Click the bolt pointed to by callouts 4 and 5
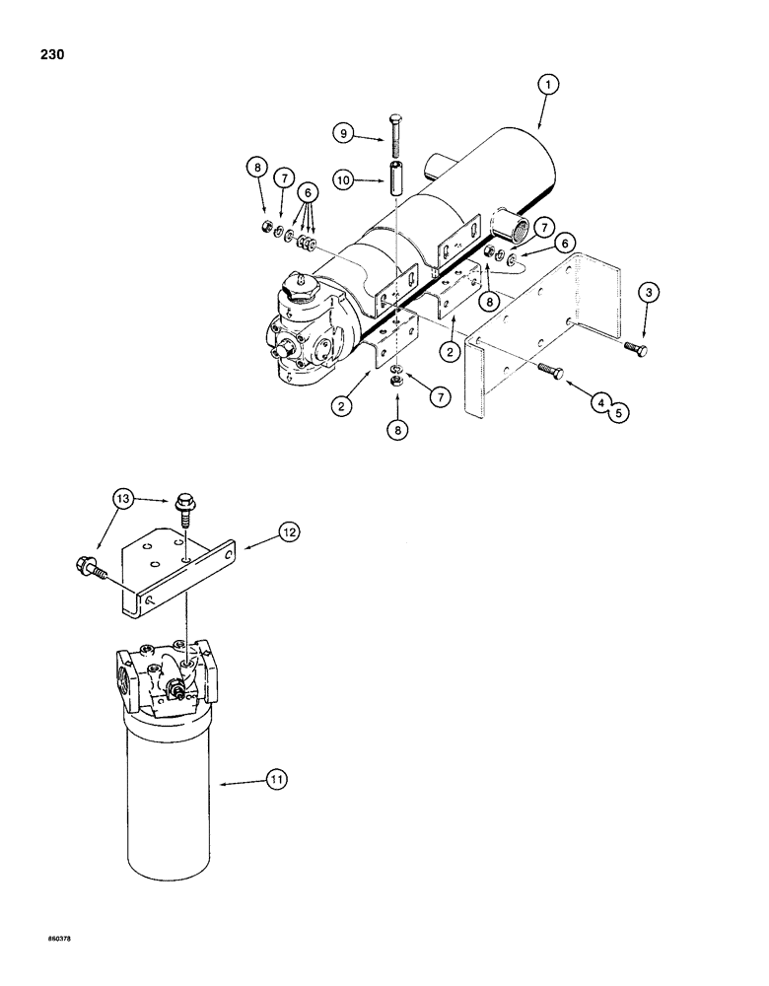click(x=549, y=371)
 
